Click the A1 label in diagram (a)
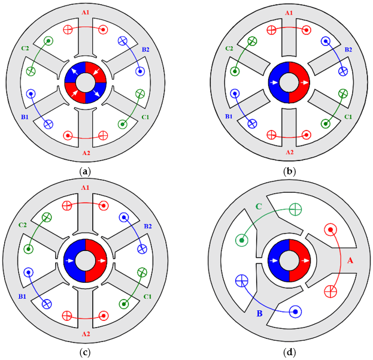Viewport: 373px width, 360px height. [86, 12]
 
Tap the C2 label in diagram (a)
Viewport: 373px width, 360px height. [25, 49]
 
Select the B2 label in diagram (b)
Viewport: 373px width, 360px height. [348, 50]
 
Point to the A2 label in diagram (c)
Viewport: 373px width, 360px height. [86, 334]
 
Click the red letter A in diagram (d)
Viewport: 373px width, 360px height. [350, 261]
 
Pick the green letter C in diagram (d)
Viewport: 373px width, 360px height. [259, 206]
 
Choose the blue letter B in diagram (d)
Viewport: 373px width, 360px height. [259, 313]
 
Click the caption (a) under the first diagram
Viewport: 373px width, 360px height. [85, 171]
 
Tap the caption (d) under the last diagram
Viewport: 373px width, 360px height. [290, 352]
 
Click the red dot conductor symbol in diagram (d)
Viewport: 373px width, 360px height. [330, 229]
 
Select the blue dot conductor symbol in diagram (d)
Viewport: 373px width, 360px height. [295, 311]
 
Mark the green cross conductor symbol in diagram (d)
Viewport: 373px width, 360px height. [295, 210]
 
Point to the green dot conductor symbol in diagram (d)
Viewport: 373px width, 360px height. [242, 240]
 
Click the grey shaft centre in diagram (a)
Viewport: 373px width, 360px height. [86, 83]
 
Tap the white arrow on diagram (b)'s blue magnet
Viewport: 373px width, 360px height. [274, 83]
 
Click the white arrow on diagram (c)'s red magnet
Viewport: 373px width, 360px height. [101, 261]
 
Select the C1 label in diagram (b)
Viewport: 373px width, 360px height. [348, 117]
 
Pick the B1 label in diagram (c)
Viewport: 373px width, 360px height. [22, 297]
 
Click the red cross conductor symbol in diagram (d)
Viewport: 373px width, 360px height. [330, 291]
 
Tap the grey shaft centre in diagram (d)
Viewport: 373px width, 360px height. [289, 261]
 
